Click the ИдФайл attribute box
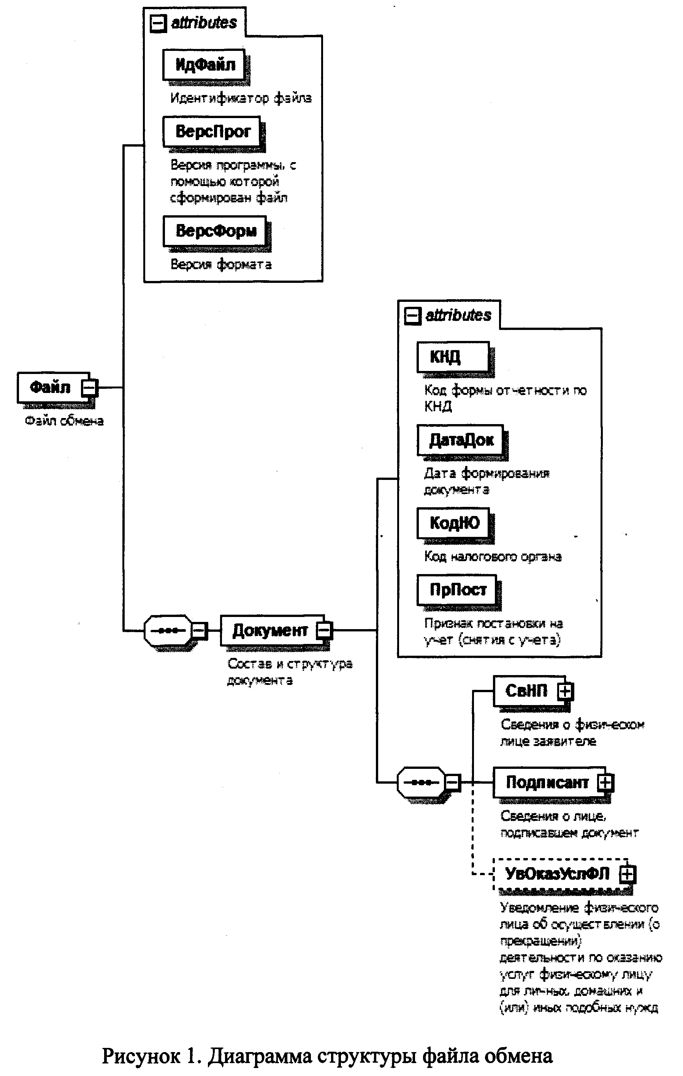(x=204, y=65)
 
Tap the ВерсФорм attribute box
(x=215, y=231)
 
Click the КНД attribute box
(x=453, y=357)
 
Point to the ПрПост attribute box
(x=457, y=590)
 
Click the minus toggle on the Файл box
(x=89, y=387)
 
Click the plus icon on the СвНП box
(x=565, y=691)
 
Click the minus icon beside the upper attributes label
(x=157, y=23)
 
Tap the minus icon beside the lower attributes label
(x=412, y=316)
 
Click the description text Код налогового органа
(x=493, y=557)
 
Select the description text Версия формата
(x=221, y=265)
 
